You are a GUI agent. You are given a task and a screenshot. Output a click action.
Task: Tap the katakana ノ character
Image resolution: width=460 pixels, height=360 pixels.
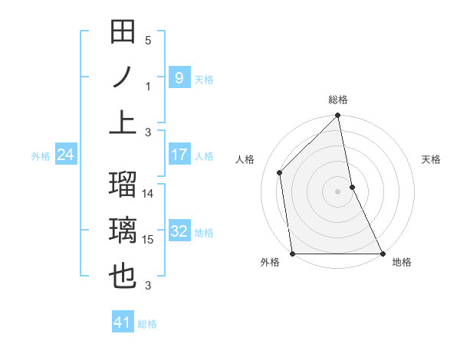tap(123, 77)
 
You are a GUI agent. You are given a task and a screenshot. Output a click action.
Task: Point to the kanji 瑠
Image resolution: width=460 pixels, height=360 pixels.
tap(123, 186)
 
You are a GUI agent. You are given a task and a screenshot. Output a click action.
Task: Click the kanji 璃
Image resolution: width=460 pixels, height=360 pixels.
tap(123, 231)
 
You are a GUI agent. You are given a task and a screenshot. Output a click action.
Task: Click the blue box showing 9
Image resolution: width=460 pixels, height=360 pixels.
tap(179, 77)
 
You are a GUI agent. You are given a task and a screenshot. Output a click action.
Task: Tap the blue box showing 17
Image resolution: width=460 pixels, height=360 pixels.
tap(179, 155)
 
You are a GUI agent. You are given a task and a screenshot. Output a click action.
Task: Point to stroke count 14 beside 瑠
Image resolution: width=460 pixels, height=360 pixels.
tap(148, 194)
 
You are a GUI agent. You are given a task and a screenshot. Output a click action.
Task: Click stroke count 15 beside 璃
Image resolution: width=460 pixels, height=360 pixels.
tap(148, 240)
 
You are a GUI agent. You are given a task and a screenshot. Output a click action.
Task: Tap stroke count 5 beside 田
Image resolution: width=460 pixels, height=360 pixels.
tap(148, 41)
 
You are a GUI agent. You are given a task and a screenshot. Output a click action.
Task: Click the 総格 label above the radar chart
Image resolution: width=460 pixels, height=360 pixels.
tap(338, 100)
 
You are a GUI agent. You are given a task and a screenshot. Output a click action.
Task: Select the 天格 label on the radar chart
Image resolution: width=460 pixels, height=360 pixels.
tap(431, 159)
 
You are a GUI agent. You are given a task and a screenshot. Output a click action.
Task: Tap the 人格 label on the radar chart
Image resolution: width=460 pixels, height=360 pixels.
tap(245, 159)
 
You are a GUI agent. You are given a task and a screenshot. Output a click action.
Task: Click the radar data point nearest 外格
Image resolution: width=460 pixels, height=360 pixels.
tap(292, 254)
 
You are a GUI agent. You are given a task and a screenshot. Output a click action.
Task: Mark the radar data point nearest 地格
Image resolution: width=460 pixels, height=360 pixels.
tap(383, 254)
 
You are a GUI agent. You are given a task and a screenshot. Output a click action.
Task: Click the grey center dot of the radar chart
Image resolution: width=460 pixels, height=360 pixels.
tap(337, 191)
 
